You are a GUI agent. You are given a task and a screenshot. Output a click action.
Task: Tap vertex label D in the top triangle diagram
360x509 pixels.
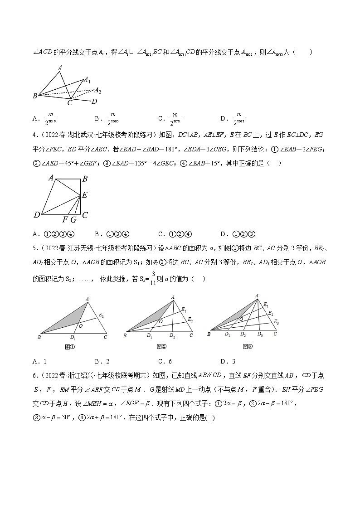[94, 102]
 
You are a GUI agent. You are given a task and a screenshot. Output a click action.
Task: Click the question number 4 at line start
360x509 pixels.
[34, 135]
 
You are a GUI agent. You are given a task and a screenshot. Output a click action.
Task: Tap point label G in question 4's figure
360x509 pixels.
[73, 220]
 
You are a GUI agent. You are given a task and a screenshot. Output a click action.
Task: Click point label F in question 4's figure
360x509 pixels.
[65, 220]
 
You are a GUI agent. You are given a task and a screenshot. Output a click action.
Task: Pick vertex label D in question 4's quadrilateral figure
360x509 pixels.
[37, 215]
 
